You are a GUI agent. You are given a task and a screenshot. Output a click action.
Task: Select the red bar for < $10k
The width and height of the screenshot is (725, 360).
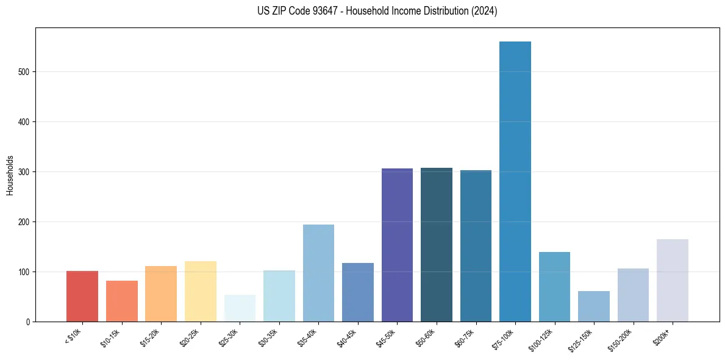point(82,296)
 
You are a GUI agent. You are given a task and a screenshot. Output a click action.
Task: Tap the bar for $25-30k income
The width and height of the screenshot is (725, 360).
point(240,308)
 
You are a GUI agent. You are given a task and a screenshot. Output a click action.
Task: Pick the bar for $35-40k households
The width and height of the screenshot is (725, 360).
point(318,273)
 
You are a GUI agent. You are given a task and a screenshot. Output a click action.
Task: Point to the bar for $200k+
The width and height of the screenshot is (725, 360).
point(673,280)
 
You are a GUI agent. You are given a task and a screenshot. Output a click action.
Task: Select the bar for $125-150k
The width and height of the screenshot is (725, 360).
point(594,306)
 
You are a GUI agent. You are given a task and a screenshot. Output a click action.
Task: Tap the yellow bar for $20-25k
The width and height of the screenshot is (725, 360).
point(201,291)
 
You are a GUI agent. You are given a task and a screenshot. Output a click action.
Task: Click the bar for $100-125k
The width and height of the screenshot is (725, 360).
point(554,287)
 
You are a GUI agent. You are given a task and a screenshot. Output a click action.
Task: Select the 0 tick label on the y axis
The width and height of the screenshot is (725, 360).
point(29,322)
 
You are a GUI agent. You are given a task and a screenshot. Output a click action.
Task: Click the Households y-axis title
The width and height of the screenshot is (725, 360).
point(10,175)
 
